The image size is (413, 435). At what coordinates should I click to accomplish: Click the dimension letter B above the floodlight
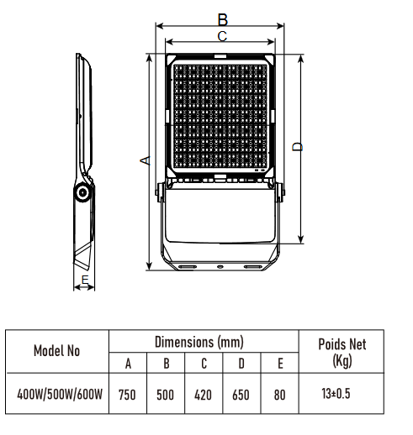(223, 18)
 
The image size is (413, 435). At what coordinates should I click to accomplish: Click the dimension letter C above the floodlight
(222, 36)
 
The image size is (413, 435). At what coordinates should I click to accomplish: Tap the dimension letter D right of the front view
(296, 148)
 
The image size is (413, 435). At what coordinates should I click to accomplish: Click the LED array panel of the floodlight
(222, 115)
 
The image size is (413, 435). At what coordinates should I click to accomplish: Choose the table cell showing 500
(165, 393)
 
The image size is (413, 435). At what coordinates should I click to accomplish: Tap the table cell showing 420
(203, 393)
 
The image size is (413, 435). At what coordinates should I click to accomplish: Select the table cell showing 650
(241, 393)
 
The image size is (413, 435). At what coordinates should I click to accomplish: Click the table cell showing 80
(279, 393)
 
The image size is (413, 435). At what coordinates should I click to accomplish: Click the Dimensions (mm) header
(204, 342)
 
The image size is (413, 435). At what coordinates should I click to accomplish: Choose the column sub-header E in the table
(279, 362)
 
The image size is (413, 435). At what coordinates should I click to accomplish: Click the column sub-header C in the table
(203, 362)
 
